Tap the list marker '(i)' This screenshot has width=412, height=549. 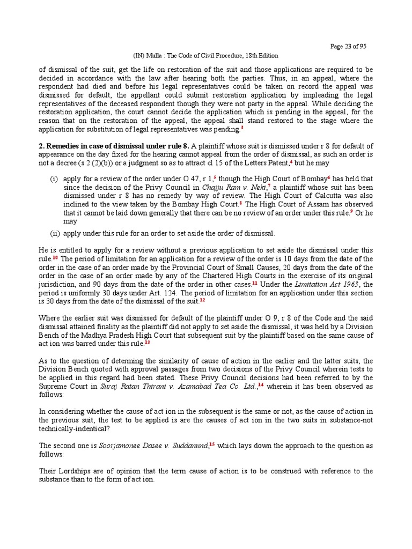55,178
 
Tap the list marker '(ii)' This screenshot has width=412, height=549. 54,233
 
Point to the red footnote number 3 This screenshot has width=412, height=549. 242,128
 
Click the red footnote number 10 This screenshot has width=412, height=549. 55,257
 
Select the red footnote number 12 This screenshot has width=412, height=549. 202,300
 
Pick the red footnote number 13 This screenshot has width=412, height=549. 147,342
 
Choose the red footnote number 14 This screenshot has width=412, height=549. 262,384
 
